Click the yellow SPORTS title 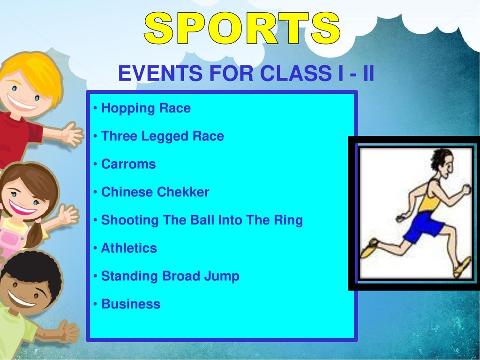pos(242,28)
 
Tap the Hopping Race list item pos(146,108)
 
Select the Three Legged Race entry pos(162,136)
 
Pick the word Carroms pos(128,164)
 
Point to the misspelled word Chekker pos(183,192)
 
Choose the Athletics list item pos(129,248)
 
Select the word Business pos(131,304)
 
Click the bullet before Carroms pos(96,165)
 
